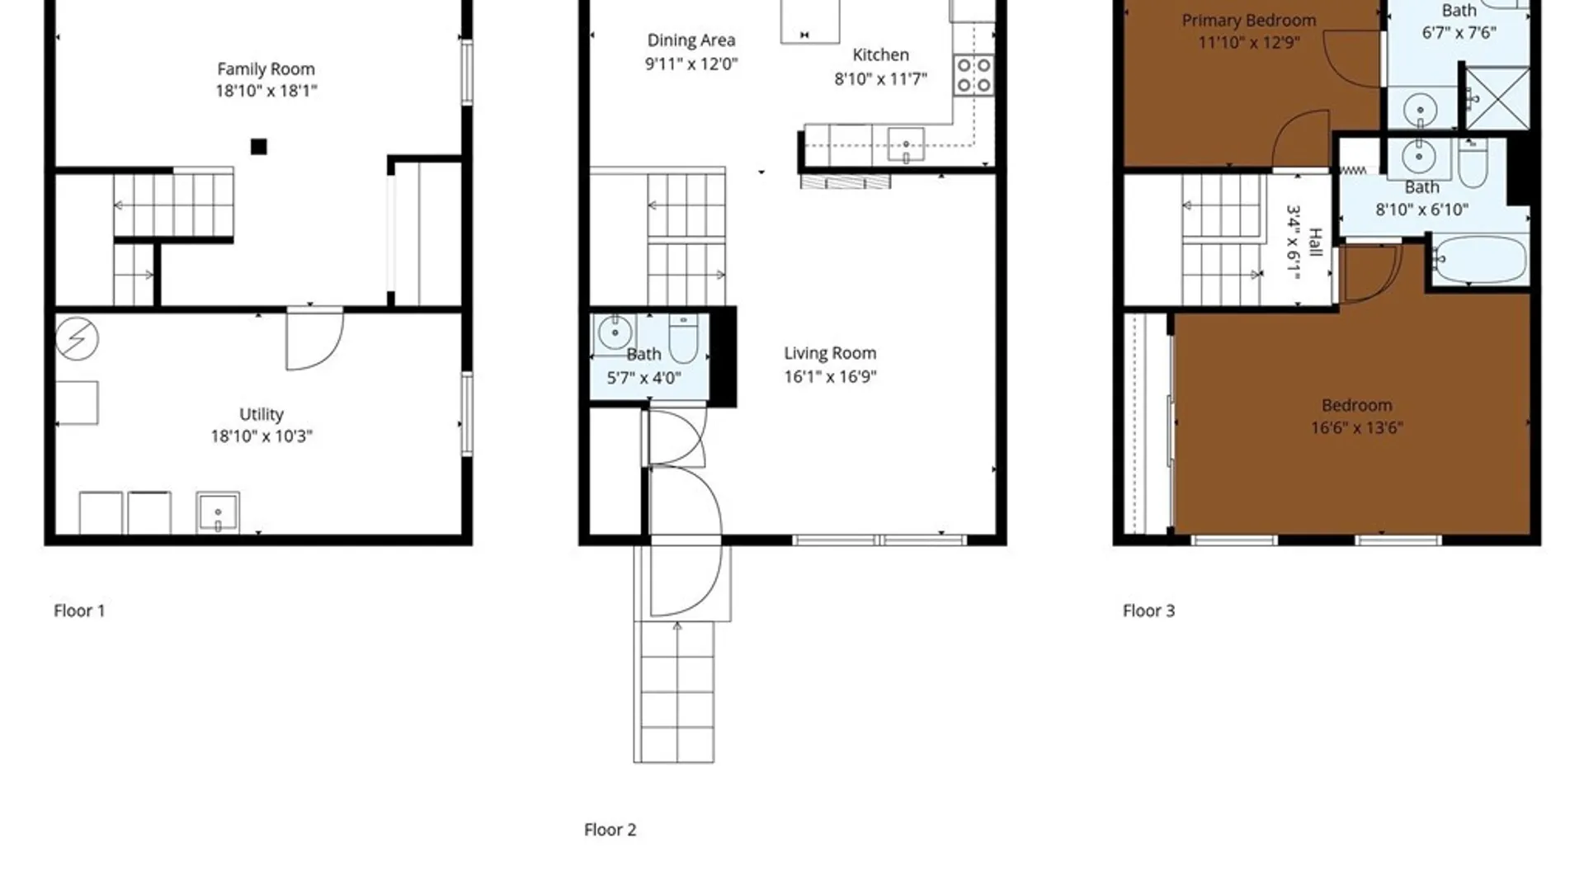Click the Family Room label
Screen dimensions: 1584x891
(x=266, y=69)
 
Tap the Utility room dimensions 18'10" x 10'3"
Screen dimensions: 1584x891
(x=262, y=436)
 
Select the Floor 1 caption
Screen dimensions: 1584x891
(x=79, y=610)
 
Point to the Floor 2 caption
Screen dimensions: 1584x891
(x=610, y=830)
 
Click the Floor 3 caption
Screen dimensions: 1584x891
(x=1148, y=610)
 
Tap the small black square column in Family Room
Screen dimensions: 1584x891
(x=259, y=147)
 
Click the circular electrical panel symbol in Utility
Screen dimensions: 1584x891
(x=77, y=338)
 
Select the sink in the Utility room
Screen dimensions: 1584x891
(x=218, y=512)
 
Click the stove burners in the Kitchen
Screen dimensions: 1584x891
(x=974, y=75)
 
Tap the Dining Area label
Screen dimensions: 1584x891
(x=691, y=40)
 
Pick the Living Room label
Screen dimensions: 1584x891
(x=830, y=353)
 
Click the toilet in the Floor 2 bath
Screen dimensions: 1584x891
(x=683, y=338)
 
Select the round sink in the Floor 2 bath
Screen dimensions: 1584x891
(x=615, y=333)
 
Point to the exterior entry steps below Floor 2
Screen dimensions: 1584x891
(x=674, y=692)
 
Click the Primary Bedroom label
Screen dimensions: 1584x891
(x=1249, y=21)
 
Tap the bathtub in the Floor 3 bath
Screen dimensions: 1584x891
(x=1480, y=260)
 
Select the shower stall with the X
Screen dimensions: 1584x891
(x=1497, y=99)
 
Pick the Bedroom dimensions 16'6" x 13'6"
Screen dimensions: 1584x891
(x=1356, y=427)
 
